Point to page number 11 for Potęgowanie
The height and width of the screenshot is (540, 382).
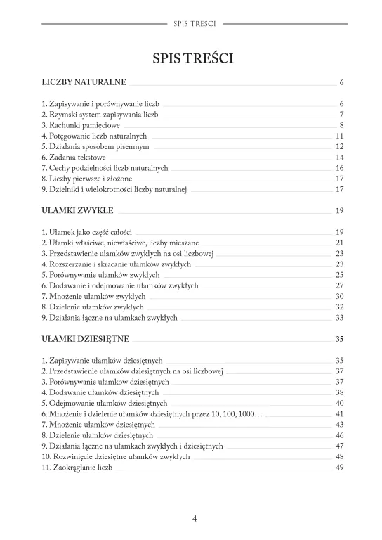click(x=339, y=136)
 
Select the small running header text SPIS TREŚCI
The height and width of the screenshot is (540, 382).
click(x=194, y=23)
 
